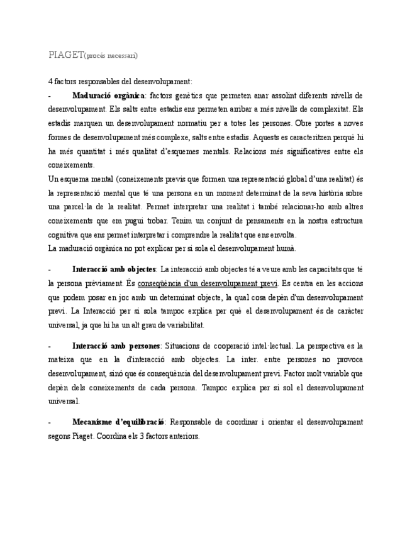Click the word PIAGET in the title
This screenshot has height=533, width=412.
pos(65,55)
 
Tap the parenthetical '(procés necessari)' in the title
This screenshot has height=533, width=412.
pos(111,55)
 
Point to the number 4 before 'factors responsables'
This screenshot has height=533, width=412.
pos(50,82)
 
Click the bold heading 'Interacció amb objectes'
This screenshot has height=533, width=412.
pos(114,269)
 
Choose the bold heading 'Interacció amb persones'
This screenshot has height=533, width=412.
pos(116,346)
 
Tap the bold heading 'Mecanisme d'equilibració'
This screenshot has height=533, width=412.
pos(118,422)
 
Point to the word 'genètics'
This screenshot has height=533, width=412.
pos(189,96)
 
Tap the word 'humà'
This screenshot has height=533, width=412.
pos(285,248)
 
